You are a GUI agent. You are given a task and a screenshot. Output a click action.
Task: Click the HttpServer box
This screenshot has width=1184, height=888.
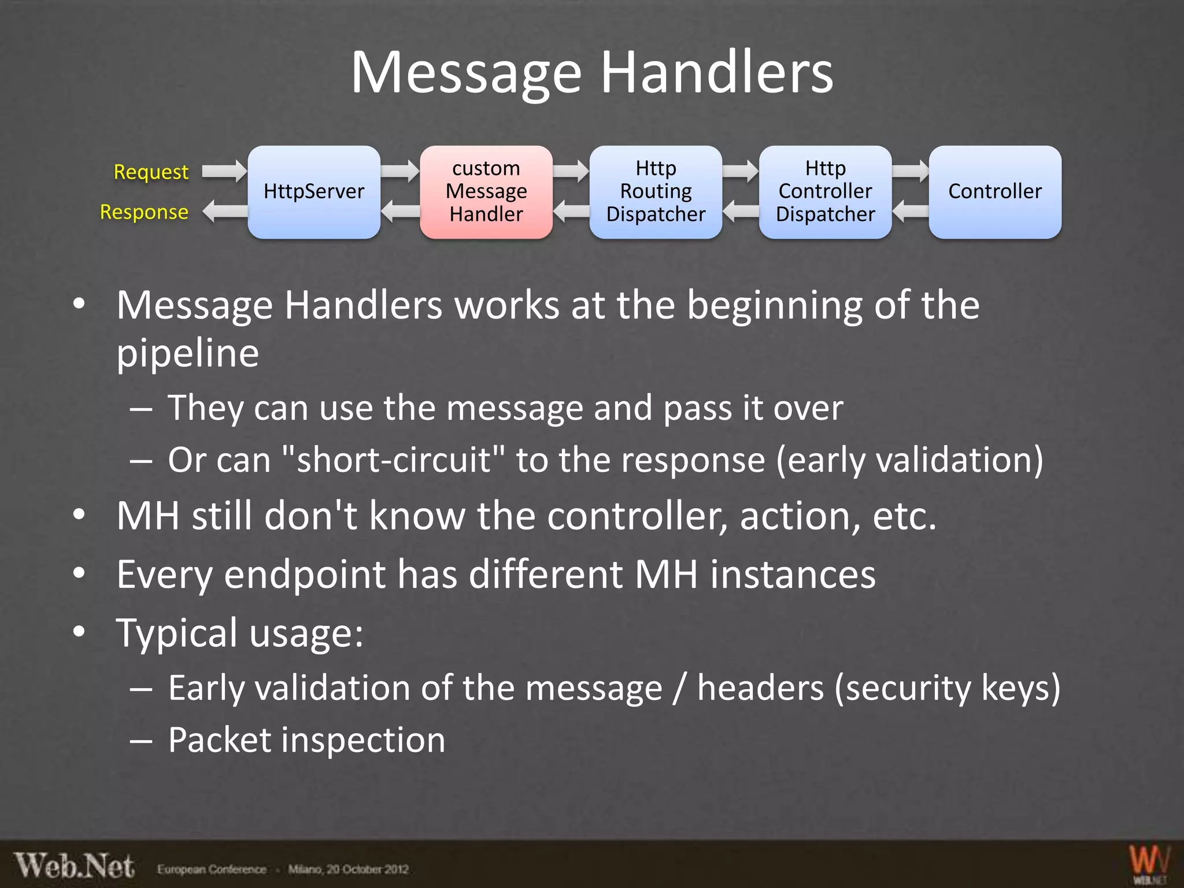tap(314, 191)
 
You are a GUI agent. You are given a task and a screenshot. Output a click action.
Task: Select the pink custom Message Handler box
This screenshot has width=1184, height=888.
tap(486, 191)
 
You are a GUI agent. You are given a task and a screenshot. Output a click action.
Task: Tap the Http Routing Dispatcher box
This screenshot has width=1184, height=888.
tap(656, 191)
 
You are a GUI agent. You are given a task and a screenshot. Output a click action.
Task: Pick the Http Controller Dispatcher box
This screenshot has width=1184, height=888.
tap(825, 191)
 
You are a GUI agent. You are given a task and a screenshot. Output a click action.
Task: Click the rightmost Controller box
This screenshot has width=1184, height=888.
tap(995, 191)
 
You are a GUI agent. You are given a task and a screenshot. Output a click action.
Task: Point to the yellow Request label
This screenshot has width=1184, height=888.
tap(151, 172)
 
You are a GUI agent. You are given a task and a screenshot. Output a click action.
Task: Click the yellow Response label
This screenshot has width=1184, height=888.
tap(144, 212)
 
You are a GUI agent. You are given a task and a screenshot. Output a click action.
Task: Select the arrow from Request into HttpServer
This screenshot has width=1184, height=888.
tap(224, 171)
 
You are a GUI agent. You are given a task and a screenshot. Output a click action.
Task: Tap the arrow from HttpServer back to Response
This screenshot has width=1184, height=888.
tap(225, 211)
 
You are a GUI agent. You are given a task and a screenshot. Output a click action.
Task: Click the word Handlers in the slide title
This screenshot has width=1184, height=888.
tap(717, 73)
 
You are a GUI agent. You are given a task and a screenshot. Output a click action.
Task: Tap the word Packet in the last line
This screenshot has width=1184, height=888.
tap(219, 740)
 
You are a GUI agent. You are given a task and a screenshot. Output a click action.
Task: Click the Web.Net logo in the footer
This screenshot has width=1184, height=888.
tap(75, 867)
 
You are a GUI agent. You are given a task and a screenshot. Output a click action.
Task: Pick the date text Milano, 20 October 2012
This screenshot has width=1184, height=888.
tap(348, 869)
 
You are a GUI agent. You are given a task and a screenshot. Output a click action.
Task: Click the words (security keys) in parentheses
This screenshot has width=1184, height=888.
tap(948, 689)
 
